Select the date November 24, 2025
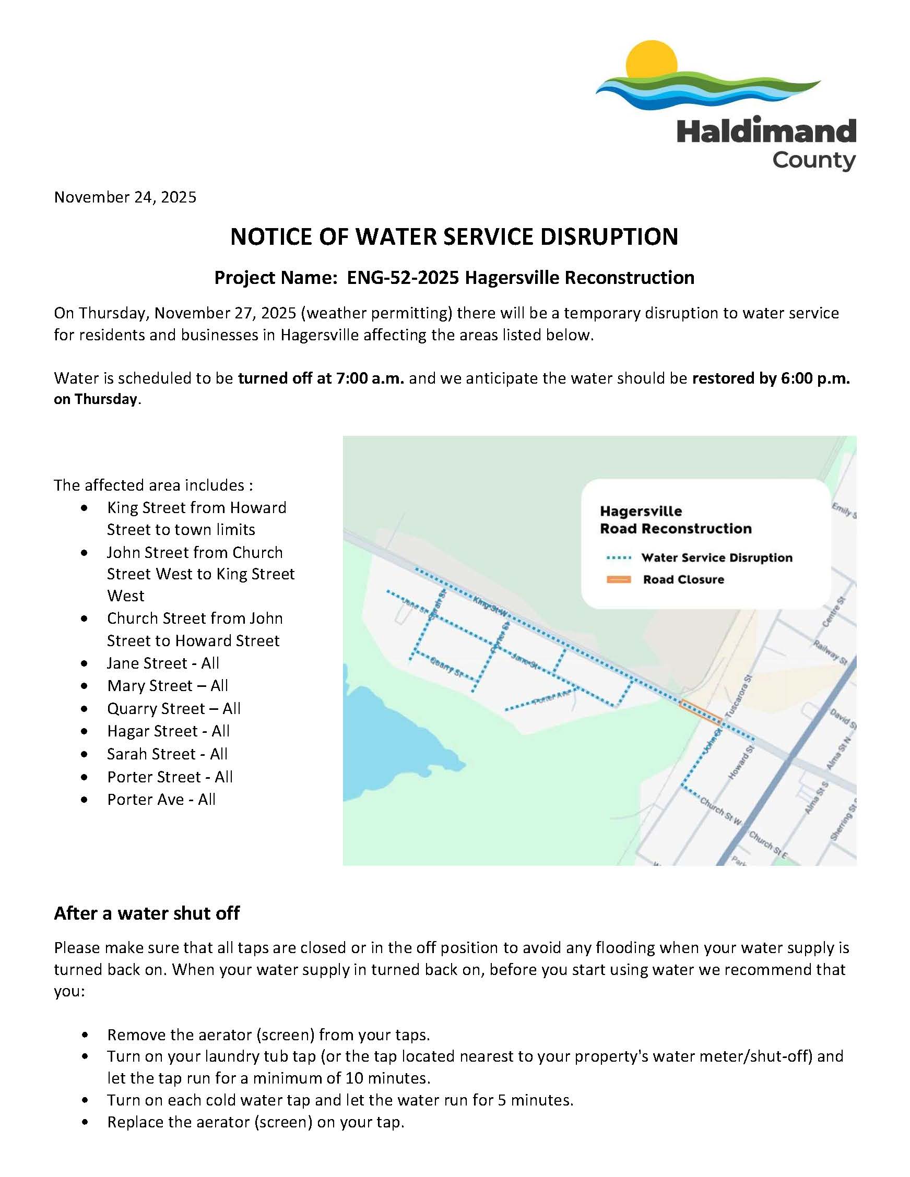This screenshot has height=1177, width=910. (125, 197)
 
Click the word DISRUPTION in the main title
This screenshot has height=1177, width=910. (609, 237)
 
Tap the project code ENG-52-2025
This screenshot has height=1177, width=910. (403, 278)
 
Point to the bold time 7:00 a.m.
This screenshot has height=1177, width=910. (369, 378)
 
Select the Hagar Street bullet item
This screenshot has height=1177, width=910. (168, 731)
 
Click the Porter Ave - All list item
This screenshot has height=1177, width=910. (161, 799)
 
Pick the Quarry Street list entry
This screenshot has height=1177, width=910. (173, 709)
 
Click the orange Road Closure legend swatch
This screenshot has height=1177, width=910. (618, 580)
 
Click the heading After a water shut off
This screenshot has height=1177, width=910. (147, 913)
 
